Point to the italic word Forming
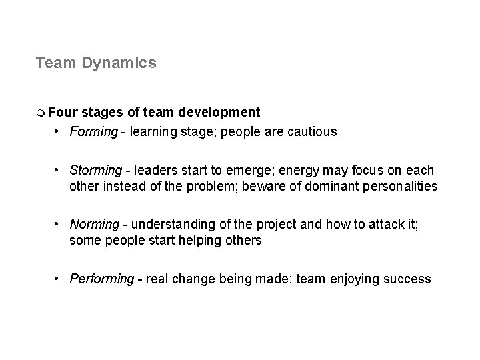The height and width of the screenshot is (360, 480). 93,132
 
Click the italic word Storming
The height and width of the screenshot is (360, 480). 95,171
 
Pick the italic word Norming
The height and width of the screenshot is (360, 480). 94,225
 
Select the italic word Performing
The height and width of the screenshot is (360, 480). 101,279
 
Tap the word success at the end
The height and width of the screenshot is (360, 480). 408,279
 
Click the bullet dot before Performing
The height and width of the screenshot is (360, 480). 59,279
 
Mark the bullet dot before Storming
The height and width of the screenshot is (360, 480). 59,171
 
